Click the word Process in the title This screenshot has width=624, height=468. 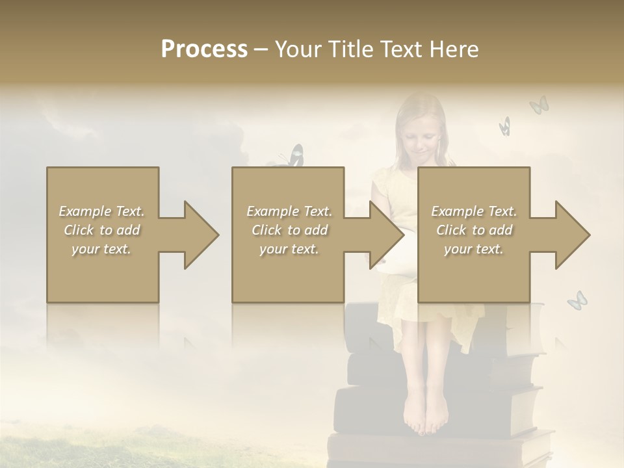[x=204, y=49]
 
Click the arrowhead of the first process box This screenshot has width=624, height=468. [x=202, y=235]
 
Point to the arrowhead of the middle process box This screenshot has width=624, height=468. [x=387, y=235]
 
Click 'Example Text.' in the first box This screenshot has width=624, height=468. [x=101, y=211]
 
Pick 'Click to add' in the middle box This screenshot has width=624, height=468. [x=289, y=230]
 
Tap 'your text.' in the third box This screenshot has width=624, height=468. [x=474, y=249]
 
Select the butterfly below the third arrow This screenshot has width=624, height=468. [x=577, y=300]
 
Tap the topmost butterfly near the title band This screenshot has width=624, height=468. [x=539, y=105]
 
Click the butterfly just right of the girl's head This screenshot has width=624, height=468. [x=505, y=125]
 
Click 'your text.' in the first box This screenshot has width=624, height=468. [x=101, y=249]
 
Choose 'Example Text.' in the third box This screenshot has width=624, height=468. [x=474, y=211]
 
